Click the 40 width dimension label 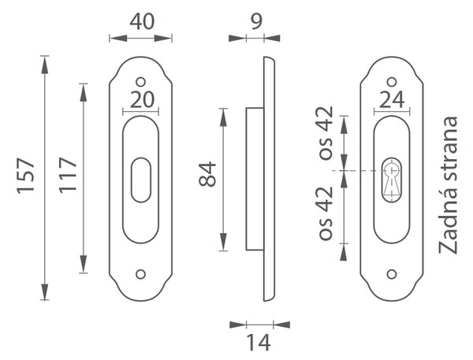(x=142, y=22)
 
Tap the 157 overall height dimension (x=26, y=176)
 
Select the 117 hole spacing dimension (x=68, y=175)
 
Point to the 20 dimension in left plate (x=142, y=100)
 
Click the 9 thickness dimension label (x=256, y=22)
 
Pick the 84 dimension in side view (x=207, y=174)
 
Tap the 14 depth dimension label (x=259, y=343)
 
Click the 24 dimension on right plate (x=392, y=100)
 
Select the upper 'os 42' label (x=326, y=133)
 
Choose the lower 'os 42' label (x=326, y=213)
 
